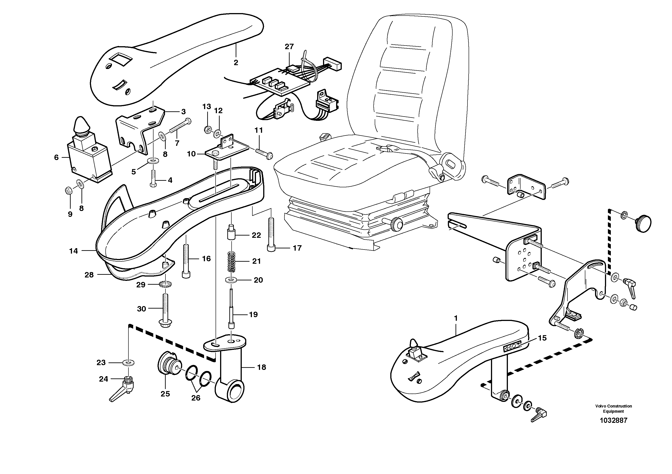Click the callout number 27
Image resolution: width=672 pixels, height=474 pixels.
289,46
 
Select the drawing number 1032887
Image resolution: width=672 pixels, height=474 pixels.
614,421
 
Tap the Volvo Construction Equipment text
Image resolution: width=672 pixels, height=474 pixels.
614,409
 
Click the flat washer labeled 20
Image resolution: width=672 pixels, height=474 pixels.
232,280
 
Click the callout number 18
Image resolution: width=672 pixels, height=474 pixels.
261,367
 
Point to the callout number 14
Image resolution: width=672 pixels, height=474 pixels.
73,251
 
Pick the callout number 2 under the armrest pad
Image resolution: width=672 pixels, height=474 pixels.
236,62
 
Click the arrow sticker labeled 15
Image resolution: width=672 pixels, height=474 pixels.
512,348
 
